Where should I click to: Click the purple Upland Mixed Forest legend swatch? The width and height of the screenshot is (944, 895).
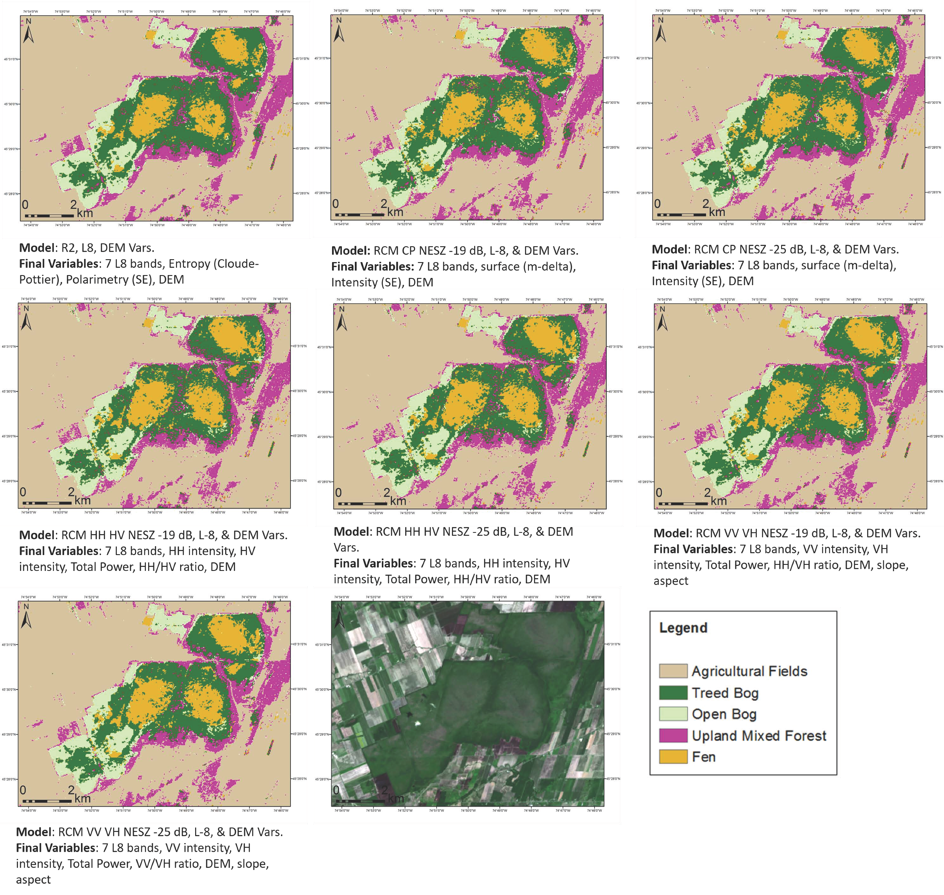pos(672,735)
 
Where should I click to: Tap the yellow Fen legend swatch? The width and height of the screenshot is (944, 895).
pos(672,757)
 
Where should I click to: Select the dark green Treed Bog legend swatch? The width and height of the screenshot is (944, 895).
pos(672,692)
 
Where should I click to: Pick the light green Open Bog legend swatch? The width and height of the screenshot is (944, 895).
pos(672,714)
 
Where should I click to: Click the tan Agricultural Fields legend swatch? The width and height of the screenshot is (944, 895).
pos(672,671)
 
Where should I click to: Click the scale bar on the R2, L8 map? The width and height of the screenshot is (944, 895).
pos(49,216)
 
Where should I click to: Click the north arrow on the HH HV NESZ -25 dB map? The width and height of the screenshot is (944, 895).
pos(342,318)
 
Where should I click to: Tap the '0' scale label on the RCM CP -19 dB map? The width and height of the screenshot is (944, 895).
pos(335,204)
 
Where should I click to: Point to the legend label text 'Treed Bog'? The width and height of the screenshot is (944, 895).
pos(725,693)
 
